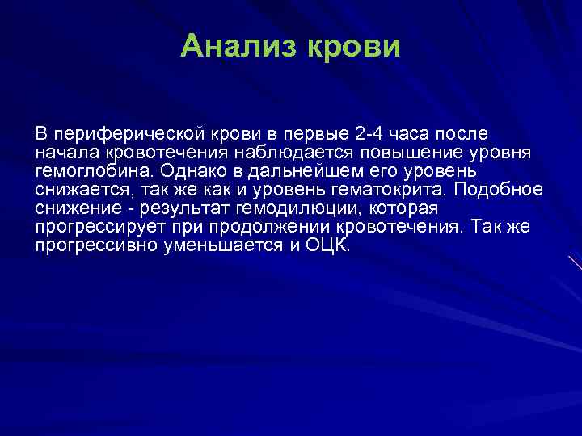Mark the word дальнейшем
[x=307, y=170]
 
